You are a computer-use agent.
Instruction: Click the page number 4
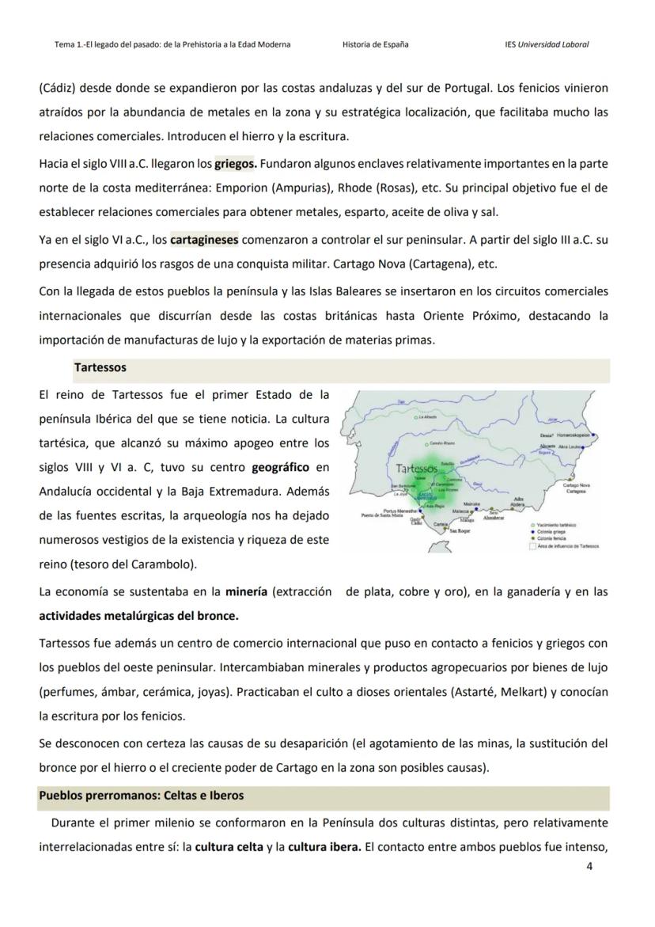coord(589,865)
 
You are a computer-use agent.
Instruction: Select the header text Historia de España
coord(375,44)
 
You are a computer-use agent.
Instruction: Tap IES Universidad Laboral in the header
coord(546,44)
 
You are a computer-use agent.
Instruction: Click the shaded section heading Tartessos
coord(100,368)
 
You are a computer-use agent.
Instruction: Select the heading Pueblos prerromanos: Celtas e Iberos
coord(142,795)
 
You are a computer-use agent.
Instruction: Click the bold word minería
coord(245,591)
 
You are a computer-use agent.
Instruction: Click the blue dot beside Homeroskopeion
coord(593,435)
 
